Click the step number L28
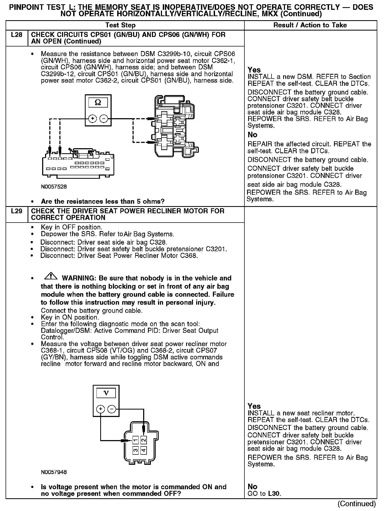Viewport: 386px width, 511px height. (x=16, y=35)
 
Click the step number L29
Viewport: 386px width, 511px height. (x=16, y=211)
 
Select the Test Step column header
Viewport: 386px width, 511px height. (x=120, y=25)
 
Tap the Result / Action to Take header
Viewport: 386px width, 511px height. (x=310, y=25)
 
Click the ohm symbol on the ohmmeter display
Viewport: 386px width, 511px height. (x=98, y=103)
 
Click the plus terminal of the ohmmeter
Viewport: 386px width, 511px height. (x=92, y=119)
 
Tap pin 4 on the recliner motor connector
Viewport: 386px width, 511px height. (x=143, y=450)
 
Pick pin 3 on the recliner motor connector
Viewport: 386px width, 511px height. (x=135, y=450)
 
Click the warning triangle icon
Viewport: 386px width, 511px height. (x=51, y=276)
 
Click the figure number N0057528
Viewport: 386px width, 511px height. (x=54, y=187)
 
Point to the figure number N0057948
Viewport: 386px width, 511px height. (x=54, y=472)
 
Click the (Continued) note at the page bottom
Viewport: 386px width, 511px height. (x=357, y=504)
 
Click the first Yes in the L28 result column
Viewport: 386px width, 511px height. (x=254, y=70)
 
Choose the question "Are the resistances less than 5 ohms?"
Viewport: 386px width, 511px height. (x=103, y=201)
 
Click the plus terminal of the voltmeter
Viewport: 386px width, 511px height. (x=100, y=409)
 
